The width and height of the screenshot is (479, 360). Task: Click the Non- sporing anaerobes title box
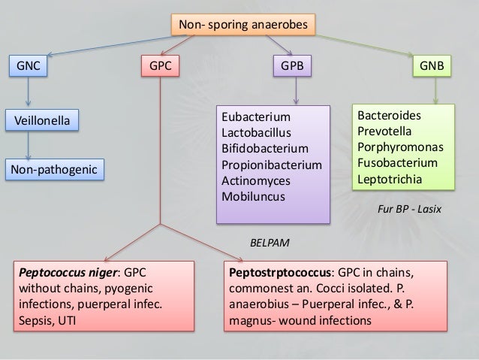click(243, 26)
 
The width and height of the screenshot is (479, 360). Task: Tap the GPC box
click(161, 66)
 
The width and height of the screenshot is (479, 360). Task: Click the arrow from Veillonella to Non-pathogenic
click(29, 145)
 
